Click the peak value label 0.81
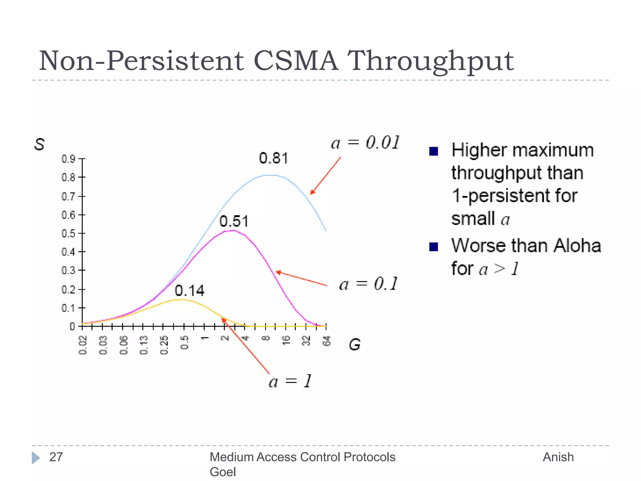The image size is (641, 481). (x=273, y=158)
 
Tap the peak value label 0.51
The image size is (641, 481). (x=233, y=221)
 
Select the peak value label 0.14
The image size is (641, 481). (x=189, y=291)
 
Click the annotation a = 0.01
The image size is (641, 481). (x=365, y=143)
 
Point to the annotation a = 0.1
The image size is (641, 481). (x=368, y=284)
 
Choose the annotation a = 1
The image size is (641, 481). (x=290, y=381)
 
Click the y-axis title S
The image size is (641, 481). (x=39, y=144)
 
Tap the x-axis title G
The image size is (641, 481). (x=355, y=344)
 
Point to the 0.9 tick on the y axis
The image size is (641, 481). (x=68, y=159)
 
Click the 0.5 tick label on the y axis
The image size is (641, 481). (x=68, y=234)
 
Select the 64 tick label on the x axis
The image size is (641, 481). (x=326, y=341)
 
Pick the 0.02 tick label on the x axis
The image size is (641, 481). (x=83, y=345)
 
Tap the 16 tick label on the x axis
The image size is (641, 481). (x=286, y=340)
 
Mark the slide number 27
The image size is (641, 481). (x=56, y=457)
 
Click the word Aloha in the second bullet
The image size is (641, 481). (x=577, y=246)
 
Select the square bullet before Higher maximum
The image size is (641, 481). (x=433, y=152)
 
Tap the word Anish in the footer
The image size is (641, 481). (x=558, y=457)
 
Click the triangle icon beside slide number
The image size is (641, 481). (x=36, y=458)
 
